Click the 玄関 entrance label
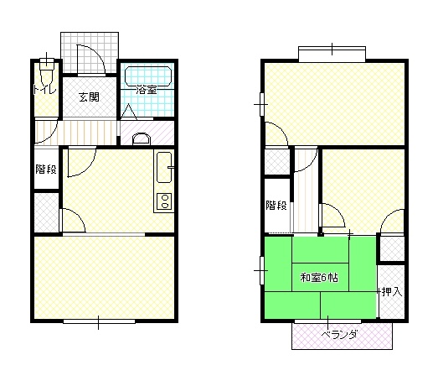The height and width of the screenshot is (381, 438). click(89, 97)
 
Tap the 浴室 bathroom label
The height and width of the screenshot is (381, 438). click(146, 90)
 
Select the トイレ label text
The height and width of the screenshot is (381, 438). click(45, 89)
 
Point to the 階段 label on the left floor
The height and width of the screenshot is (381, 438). click(46, 169)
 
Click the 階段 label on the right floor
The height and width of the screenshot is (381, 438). click(276, 206)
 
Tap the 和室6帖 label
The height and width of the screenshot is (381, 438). click(319, 278)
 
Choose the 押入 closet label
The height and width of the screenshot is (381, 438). click(392, 292)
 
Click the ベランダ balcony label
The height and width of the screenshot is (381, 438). click(339, 335)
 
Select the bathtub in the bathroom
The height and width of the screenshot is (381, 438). click(148, 76)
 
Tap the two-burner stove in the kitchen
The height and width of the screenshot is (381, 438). click(164, 201)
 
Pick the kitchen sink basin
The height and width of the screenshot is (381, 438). click(164, 167)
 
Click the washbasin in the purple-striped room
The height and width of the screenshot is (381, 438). click(142, 138)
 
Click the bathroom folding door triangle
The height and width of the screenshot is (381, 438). click(128, 112)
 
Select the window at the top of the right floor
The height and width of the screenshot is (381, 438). click(332, 54)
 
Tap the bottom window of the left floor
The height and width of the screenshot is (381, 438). click(99, 321)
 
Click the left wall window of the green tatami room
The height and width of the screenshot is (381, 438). click(262, 270)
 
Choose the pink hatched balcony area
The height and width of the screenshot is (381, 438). click(342, 336)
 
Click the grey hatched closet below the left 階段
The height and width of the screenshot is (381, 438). click(46, 212)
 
